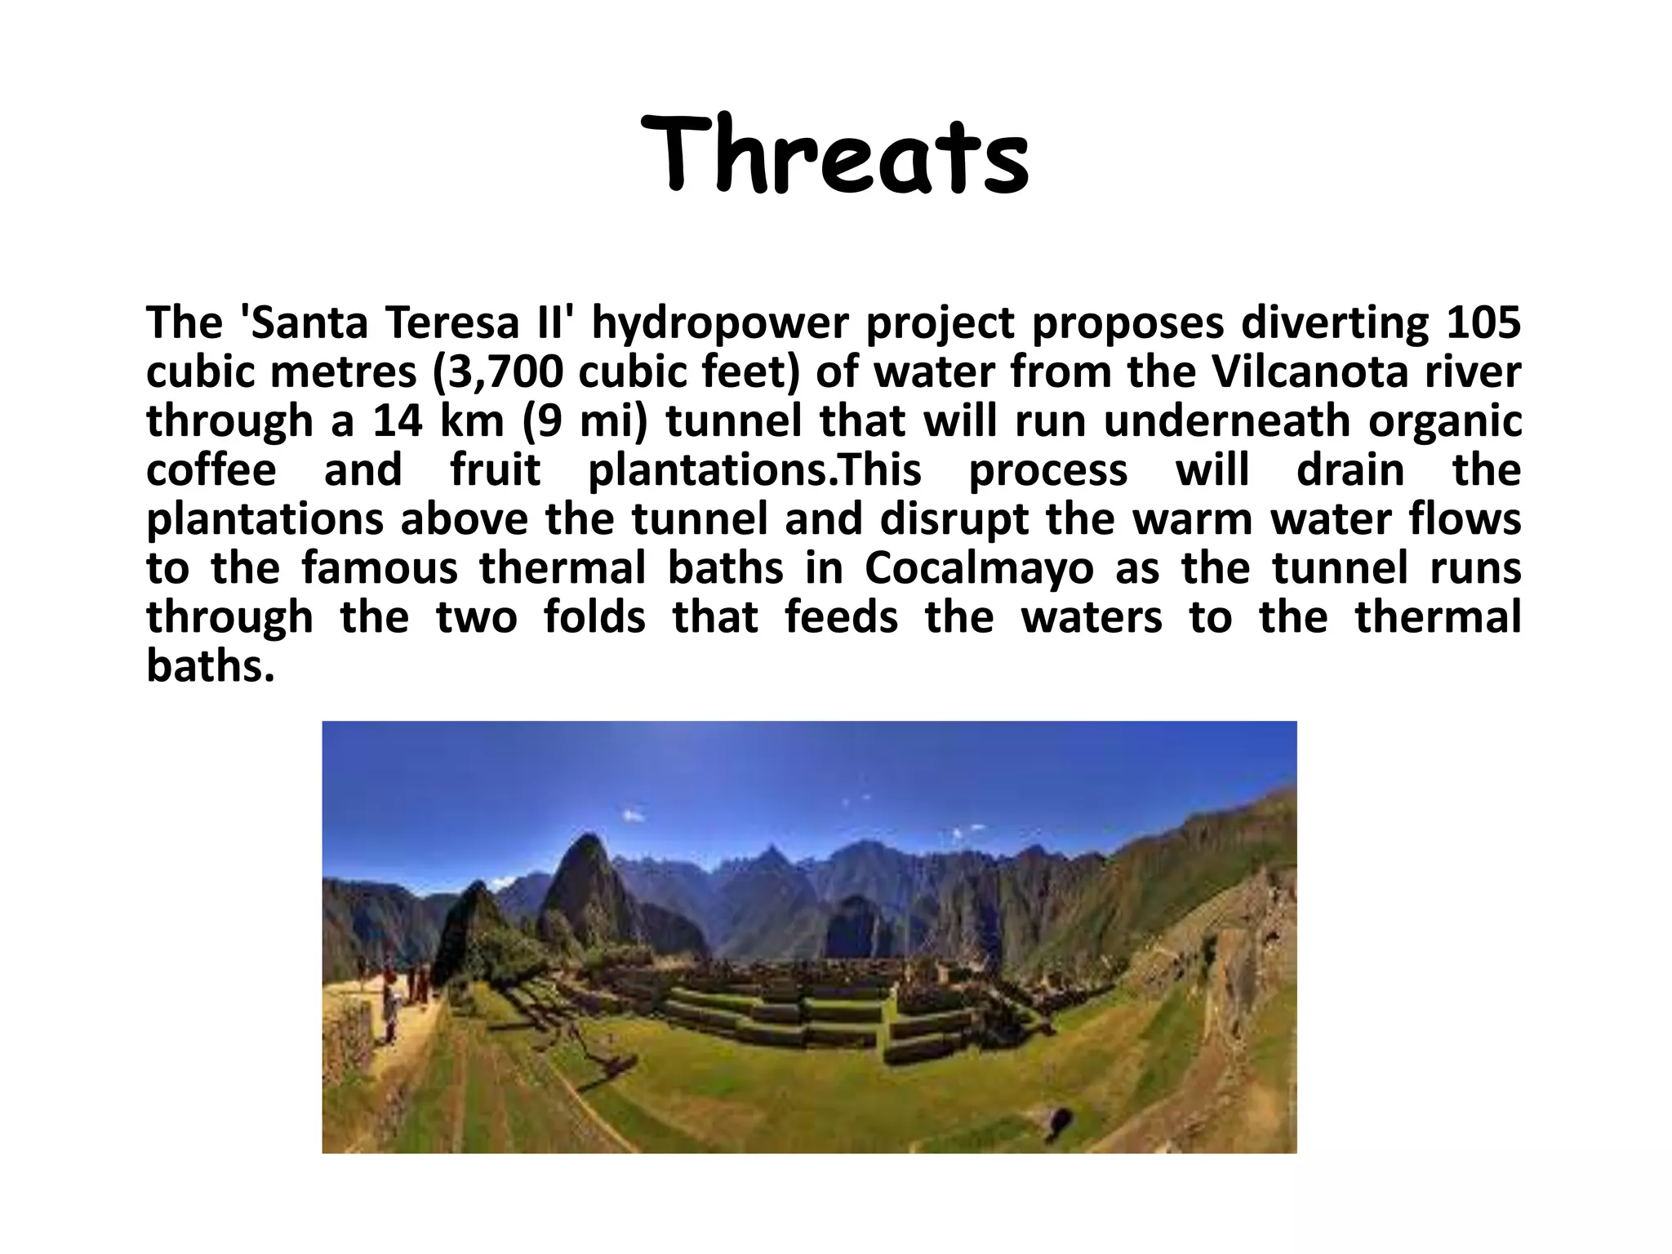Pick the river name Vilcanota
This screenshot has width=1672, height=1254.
pyautogui.click(x=1310, y=371)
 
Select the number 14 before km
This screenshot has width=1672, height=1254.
pyautogui.click(x=398, y=421)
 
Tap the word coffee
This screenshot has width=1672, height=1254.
pyautogui.click(x=211, y=470)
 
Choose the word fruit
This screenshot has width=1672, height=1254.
pyautogui.click(x=496, y=470)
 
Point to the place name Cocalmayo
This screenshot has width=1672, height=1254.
pyautogui.click(x=979, y=569)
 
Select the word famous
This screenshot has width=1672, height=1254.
pyautogui.click(x=380, y=568)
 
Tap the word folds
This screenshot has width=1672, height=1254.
pyautogui.click(x=594, y=617)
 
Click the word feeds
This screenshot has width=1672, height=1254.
pyautogui.click(x=841, y=617)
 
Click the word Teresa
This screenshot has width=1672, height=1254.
pyautogui.click(x=454, y=322)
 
